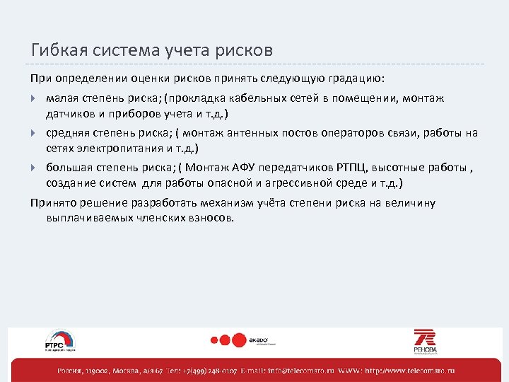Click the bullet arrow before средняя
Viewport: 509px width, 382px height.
(35, 132)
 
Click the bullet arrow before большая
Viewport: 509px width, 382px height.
(35, 167)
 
